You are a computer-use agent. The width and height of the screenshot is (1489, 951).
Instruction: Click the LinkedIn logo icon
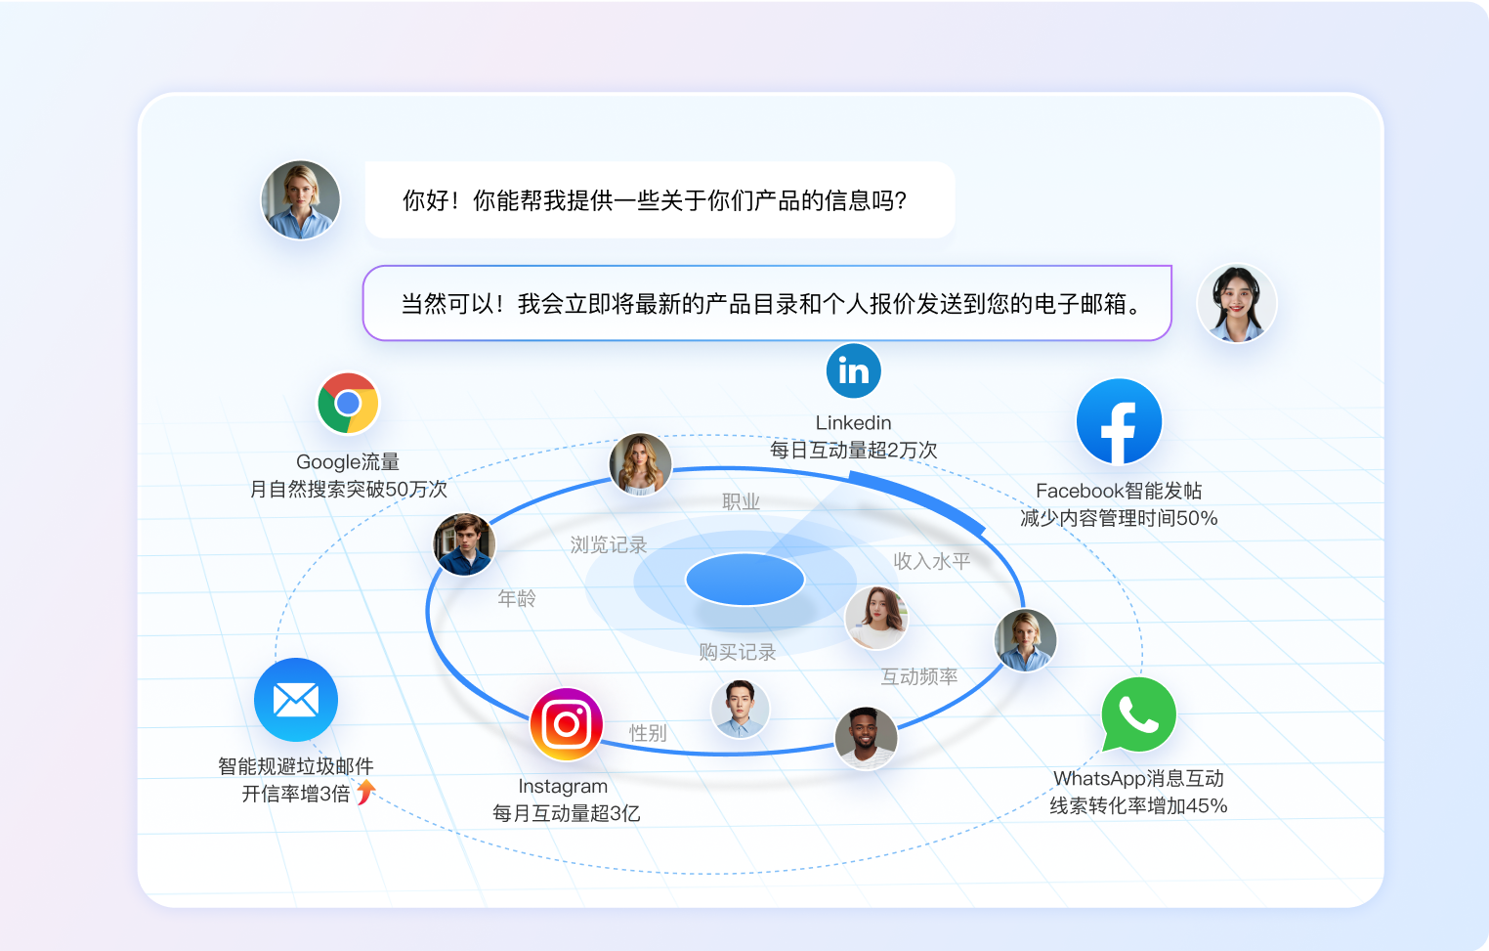tap(854, 370)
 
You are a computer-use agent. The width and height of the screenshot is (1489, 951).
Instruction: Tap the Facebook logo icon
tap(1119, 421)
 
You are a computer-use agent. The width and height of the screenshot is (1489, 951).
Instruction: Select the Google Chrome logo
tap(348, 403)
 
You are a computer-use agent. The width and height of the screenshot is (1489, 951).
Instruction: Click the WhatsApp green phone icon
tap(1138, 714)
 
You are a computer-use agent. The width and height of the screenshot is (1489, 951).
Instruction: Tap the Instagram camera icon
tap(567, 724)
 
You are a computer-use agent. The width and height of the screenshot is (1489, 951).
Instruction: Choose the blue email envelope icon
tap(296, 700)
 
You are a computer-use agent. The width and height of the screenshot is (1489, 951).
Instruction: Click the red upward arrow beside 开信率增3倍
tap(365, 792)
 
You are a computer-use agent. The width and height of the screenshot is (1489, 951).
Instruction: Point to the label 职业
tap(741, 501)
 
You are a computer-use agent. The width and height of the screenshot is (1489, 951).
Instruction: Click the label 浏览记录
tap(609, 544)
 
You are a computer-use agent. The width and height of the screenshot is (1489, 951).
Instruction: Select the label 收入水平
tap(931, 561)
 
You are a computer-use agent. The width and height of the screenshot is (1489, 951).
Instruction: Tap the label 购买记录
tap(738, 652)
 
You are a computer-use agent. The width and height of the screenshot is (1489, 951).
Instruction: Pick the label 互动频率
tap(919, 676)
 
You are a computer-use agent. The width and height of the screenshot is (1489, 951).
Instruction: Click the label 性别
tap(648, 733)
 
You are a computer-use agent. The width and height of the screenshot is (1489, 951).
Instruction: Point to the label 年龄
tap(517, 598)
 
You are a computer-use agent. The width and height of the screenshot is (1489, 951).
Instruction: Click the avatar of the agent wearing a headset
tap(1236, 304)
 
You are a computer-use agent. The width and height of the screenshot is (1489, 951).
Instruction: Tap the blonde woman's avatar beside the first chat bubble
tap(301, 200)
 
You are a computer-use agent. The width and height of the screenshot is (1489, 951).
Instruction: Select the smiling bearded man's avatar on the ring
tap(866, 738)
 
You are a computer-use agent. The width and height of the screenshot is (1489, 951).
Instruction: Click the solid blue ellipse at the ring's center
tap(745, 580)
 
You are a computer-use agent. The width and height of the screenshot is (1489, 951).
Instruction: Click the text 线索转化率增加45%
tap(1138, 806)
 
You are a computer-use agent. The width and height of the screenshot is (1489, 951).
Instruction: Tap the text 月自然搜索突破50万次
tap(349, 490)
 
